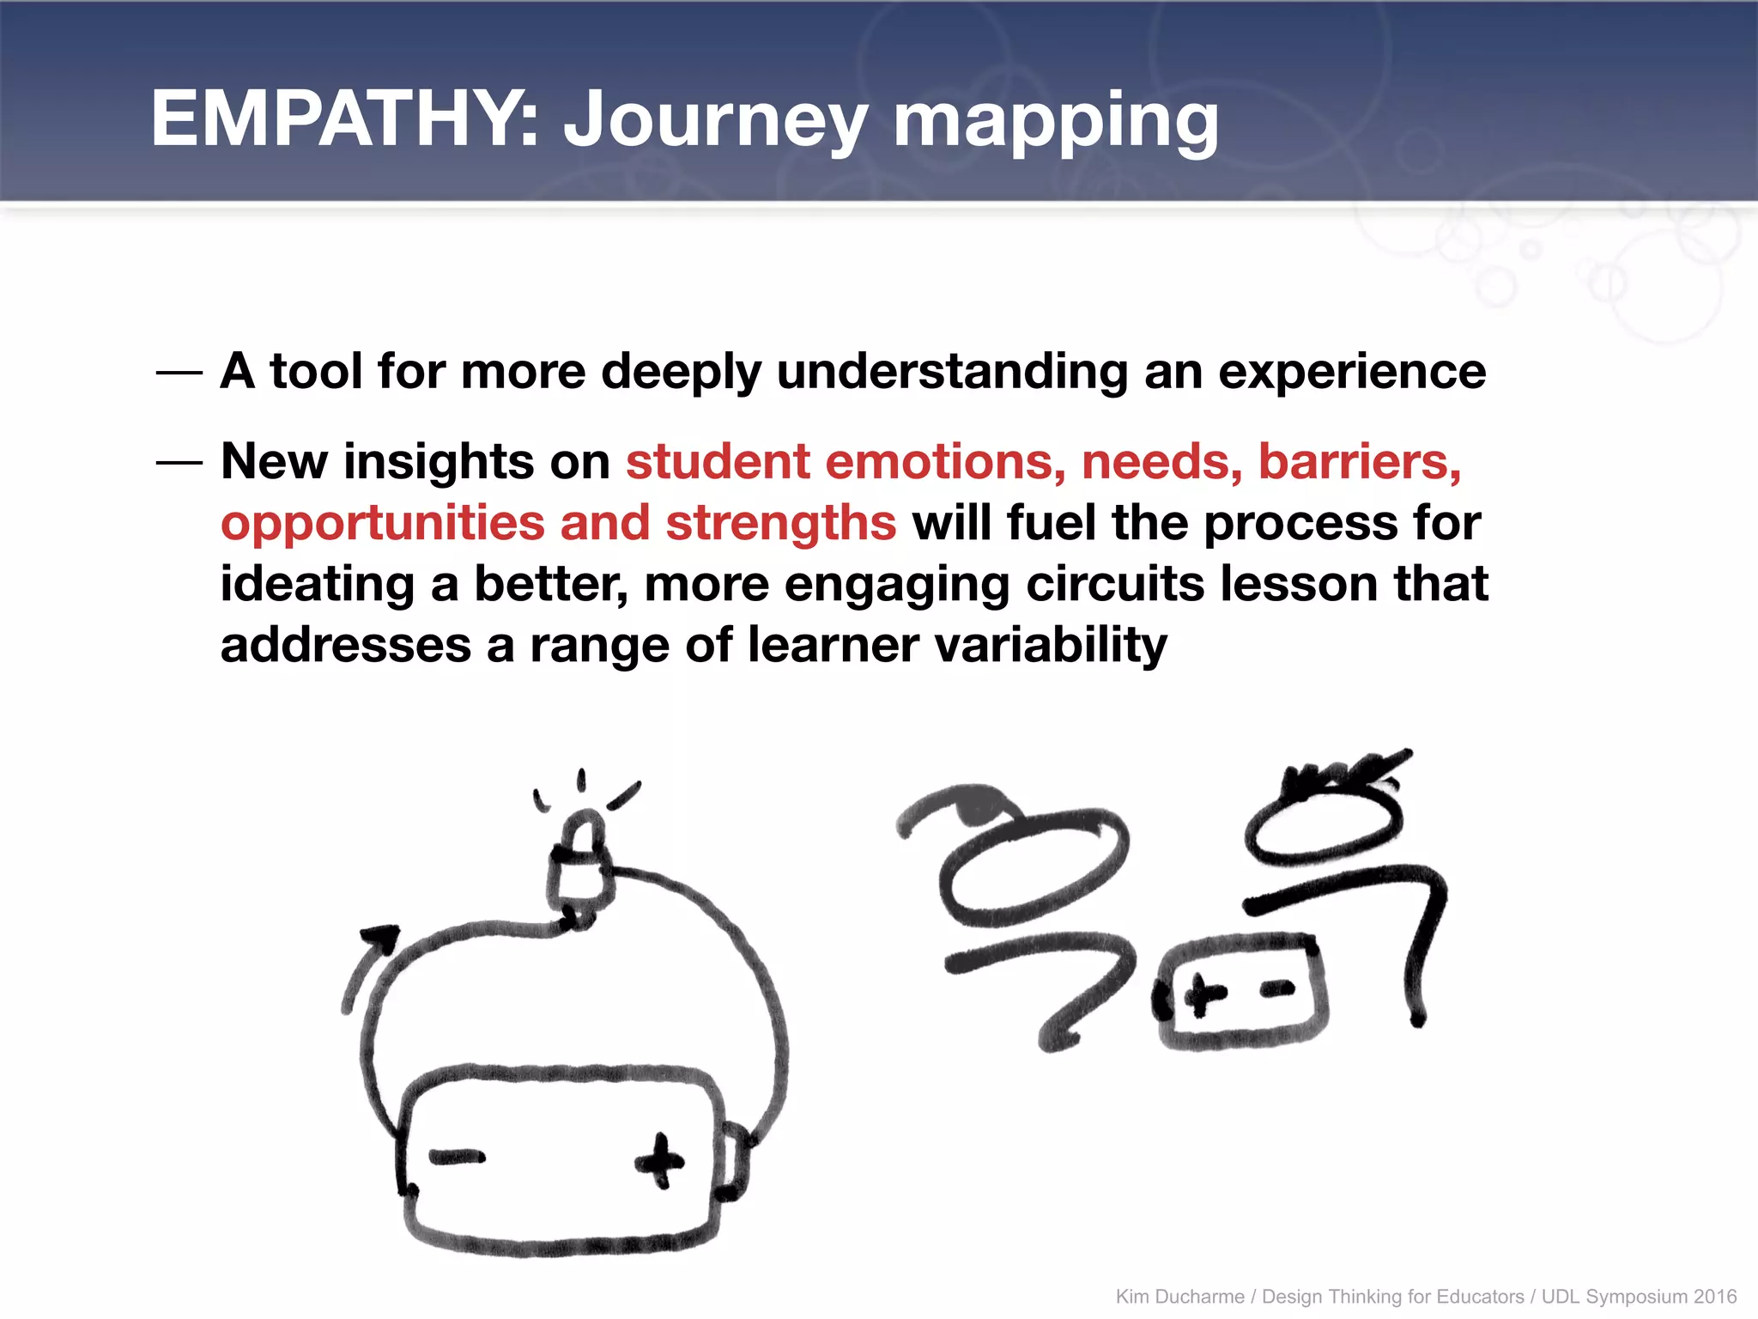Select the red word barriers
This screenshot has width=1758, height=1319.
(x=1360, y=462)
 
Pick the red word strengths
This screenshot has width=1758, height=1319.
(x=781, y=523)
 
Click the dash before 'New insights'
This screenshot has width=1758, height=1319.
(x=179, y=463)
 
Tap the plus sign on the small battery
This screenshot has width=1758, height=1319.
(x=1205, y=996)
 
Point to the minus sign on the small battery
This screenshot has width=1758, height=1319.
(x=1277, y=990)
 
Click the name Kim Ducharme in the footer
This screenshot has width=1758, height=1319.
(x=1179, y=1297)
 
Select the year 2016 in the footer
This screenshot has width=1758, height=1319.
(x=1714, y=1297)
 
